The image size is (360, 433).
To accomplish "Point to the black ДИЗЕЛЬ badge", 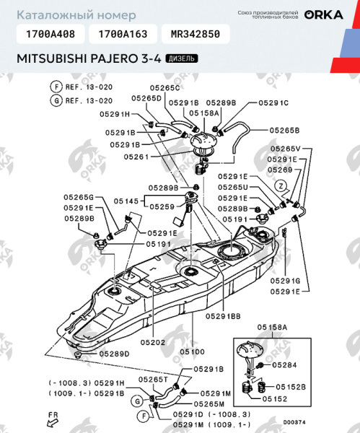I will pyautogui.click(x=180, y=59).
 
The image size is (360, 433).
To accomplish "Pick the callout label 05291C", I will pyautogui.click(x=273, y=103).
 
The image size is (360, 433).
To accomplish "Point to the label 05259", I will pyautogui.click(x=162, y=206).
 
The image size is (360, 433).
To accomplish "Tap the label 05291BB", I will pyautogui.click(x=221, y=316).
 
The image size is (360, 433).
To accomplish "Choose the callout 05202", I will pyautogui.click(x=153, y=341).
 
